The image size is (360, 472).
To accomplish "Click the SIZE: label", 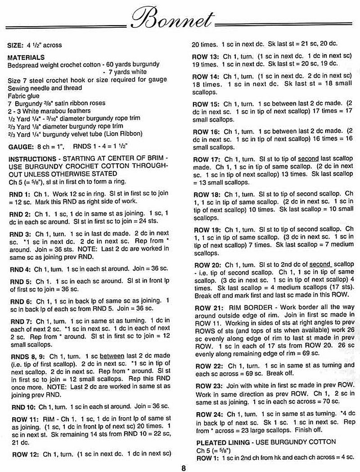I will (x=17, y=45).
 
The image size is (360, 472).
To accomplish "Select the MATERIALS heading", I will (x=26, y=58).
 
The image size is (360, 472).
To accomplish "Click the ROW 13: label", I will (x=206, y=58).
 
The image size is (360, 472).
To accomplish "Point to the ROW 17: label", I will (x=206, y=160).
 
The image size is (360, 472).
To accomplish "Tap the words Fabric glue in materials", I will (x=24, y=96).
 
